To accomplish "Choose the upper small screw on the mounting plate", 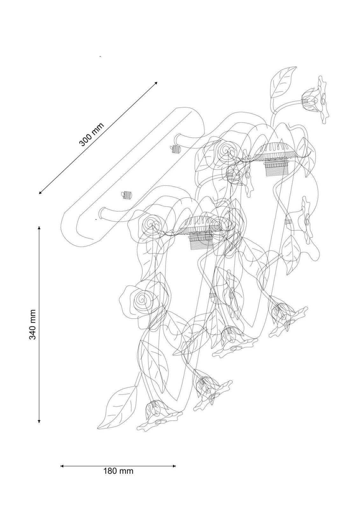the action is click(x=174, y=149).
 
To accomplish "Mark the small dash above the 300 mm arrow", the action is click(x=100, y=56).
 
